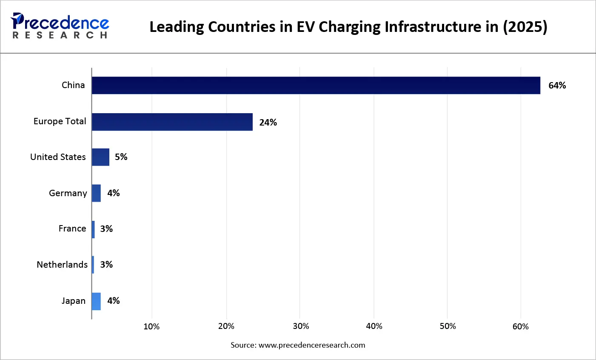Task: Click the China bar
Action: pyautogui.click(x=316, y=86)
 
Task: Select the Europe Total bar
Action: pyautogui.click(x=172, y=122)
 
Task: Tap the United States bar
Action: pyautogui.click(x=100, y=157)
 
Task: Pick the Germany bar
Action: pyautogui.click(x=96, y=193)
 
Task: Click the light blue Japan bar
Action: pyautogui.click(x=96, y=301)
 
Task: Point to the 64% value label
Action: pyautogui.click(x=557, y=86)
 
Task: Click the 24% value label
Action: pyautogui.click(x=268, y=123)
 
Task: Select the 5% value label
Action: pyautogui.click(x=121, y=157)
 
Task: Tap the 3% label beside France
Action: pyautogui.click(x=106, y=229)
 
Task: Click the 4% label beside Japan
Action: pyautogui.click(x=113, y=301)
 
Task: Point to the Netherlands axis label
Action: pyautogui.click(x=62, y=265)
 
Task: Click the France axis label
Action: pyautogui.click(x=72, y=229)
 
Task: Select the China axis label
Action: pyautogui.click(x=73, y=85)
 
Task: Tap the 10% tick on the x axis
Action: pyautogui.click(x=151, y=326)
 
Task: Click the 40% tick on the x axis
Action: pyautogui.click(x=374, y=326)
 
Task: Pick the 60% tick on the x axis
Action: pyautogui.click(x=520, y=326)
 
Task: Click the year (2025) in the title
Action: pyautogui.click(x=525, y=27)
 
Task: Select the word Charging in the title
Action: pyautogui.click(x=350, y=27)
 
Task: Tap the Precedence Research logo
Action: pyautogui.click(x=60, y=26)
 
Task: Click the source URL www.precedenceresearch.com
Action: pyautogui.click(x=312, y=345)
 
